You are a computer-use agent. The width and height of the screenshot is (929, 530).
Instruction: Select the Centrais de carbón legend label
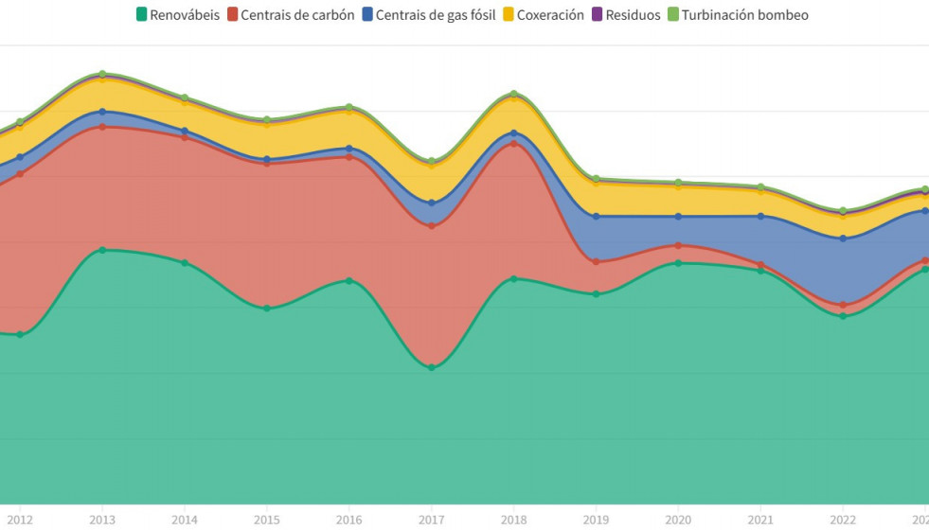tap(291, 15)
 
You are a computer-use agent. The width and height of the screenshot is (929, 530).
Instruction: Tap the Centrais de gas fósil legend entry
tap(429, 15)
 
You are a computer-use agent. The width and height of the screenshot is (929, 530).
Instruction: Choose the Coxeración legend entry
tap(543, 15)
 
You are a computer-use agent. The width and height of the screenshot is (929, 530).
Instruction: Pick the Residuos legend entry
tap(626, 15)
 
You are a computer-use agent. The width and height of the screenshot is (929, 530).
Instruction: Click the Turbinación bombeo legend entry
tap(738, 15)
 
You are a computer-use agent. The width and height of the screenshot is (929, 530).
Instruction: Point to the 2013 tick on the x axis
tap(102, 520)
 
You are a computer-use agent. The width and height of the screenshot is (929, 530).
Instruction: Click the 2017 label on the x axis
tap(432, 520)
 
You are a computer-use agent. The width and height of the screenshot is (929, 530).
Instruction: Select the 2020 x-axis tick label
tap(678, 520)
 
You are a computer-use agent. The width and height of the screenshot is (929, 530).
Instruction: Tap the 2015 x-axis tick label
tap(267, 520)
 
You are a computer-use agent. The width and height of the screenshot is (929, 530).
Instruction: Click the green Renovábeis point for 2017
tap(432, 367)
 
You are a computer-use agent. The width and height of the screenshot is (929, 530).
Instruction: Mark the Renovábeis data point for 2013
tap(102, 250)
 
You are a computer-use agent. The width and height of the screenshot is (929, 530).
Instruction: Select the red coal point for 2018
tap(514, 144)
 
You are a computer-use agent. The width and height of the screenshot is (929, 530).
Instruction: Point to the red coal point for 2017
tap(432, 226)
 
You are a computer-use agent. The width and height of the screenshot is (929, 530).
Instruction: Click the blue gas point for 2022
tap(843, 238)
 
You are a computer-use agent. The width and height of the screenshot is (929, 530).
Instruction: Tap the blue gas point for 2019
tap(596, 217)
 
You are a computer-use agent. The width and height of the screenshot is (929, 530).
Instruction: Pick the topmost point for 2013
tap(102, 74)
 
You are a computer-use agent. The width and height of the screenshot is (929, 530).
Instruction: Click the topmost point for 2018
tap(514, 94)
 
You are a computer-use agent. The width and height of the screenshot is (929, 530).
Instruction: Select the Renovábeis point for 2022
tap(843, 316)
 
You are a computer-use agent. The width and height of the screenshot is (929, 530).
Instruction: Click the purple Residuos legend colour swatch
tap(598, 15)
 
